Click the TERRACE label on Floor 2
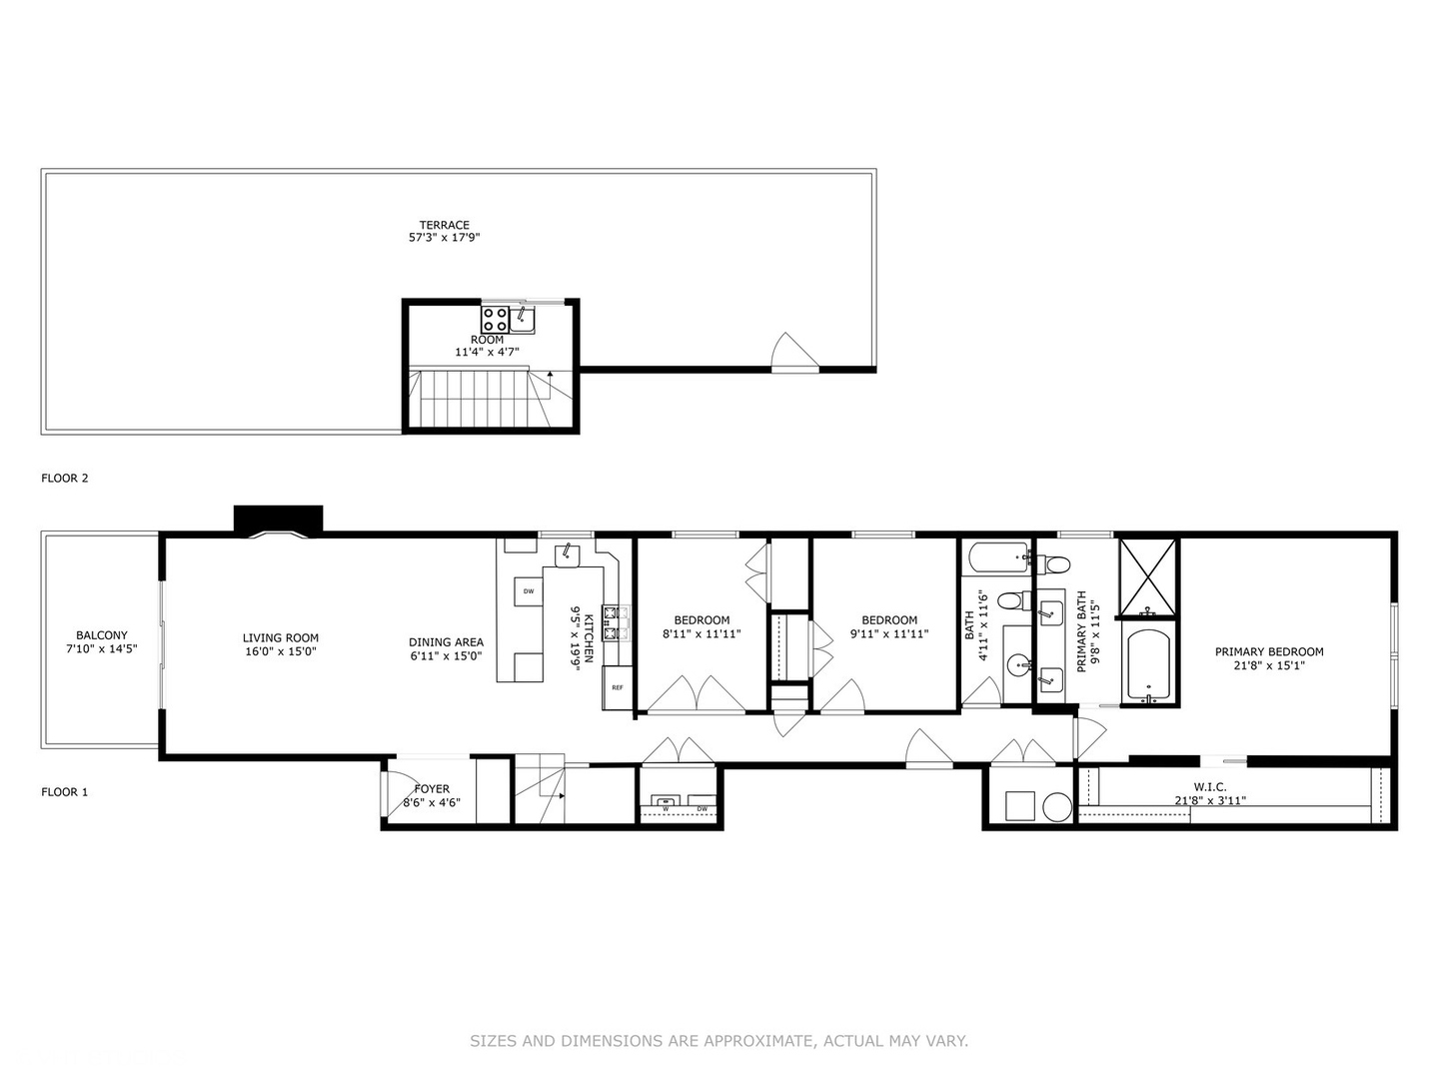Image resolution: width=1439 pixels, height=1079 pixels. point(444,225)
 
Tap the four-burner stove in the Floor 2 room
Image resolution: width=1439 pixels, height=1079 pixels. point(495,319)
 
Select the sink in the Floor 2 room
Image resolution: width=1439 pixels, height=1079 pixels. point(522,320)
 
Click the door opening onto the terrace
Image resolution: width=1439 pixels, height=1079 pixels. point(795,353)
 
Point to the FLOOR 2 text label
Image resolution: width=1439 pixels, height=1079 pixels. point(65,478)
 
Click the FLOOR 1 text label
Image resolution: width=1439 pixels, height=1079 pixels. point(65,792)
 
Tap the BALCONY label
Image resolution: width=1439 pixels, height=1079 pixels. point(102,635)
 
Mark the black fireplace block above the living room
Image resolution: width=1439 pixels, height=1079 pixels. point(278,520)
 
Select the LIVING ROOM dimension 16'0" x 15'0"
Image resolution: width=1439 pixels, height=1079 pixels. point(281,651)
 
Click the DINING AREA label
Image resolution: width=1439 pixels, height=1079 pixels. point(446,642)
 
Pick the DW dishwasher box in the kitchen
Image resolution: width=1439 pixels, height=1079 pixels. point(528,591)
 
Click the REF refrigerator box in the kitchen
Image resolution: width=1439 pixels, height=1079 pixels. point(618,687)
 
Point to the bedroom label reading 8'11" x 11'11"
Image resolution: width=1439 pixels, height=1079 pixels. point(702,633)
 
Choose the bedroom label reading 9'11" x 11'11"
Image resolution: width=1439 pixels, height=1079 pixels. point(889,633)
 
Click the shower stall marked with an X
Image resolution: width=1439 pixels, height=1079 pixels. point(1148,576)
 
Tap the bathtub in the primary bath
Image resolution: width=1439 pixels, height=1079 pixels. point(1148,663)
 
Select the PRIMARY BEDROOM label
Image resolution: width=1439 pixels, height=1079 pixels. point(1269,651)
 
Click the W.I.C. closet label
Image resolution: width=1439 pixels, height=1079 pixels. point(1209,787)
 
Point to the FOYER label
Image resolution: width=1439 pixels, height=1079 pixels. point(432,789)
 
